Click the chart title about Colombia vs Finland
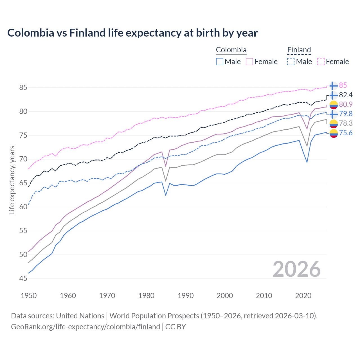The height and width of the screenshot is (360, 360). [x=132, y=33]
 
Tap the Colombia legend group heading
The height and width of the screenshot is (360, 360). [x=231, y=50]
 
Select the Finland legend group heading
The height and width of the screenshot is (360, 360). [x=299, y=50]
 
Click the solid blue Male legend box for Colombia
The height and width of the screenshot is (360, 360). [x=220, y=62]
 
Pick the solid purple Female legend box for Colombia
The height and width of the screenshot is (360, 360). [x=250, y=62]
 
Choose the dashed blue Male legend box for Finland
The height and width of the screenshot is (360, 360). [x=291, y=62]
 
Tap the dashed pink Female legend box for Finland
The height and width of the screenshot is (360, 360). [x=321, y=62]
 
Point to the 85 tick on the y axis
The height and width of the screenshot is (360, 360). [x=23, y=87]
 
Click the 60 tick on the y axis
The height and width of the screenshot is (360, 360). [x=23, y=207]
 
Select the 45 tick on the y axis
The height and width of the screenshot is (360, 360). [x=23, y=278]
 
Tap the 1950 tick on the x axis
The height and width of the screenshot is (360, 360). [x=29, y=296]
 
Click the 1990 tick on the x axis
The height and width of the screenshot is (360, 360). [x=186, y=296]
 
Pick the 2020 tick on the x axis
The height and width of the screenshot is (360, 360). [x=303, y=296]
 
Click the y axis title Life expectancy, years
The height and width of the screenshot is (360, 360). [x=12, y=180]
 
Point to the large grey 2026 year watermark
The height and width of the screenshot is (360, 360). [x=297, y=269]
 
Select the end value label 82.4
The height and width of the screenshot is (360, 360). [x=346, y=95]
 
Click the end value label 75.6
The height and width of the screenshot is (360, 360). [x=346, y=133]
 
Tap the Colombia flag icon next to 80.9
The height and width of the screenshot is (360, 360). [x=334, y=105]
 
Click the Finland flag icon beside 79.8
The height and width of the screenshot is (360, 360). [x=334, y=114]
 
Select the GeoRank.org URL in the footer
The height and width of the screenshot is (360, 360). [x=85, y=327]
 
